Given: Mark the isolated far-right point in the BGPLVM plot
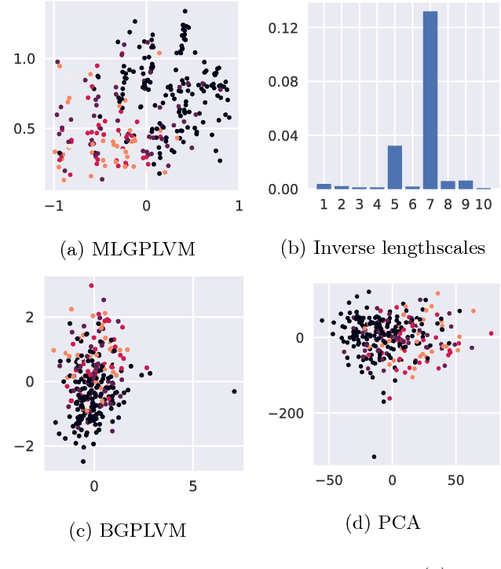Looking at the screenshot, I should point(234,391).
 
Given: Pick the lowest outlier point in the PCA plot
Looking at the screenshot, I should point(374,456).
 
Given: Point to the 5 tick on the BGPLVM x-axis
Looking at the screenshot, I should point(193,487).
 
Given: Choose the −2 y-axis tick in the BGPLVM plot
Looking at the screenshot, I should point(28,446).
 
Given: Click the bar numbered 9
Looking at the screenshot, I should point(466,185).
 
